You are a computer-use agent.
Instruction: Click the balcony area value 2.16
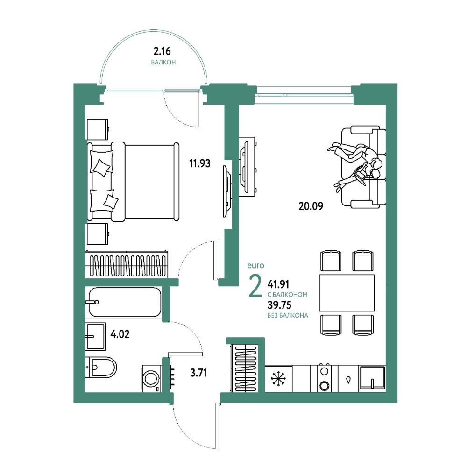pos(162,51)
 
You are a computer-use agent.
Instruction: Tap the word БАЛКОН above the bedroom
pos(163,63)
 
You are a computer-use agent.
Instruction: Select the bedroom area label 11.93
pos(200,163)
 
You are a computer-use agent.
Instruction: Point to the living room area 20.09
pos(311,206)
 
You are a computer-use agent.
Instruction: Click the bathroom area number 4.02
pos(120,334)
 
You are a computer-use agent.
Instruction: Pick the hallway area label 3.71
pos(198,373)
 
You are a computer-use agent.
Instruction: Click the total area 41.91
pos(278,284)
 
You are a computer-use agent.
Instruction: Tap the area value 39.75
pos(279,305)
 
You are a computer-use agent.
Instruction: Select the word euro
pos(255,265)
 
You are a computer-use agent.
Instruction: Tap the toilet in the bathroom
pos(101,367)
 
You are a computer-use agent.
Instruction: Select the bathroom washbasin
pos(95,336)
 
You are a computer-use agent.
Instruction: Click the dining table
pos(347,293)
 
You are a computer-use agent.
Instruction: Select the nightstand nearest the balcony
pos(98,129)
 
